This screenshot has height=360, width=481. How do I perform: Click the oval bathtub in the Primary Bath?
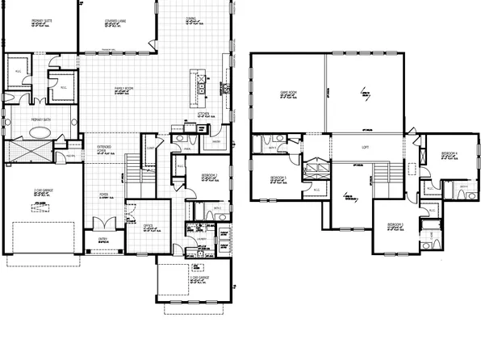click(x=32, y=150)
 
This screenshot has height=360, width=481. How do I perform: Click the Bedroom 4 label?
click(x=449, y=153)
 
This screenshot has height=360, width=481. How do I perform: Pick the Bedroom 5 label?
click(x=279, y=176)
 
